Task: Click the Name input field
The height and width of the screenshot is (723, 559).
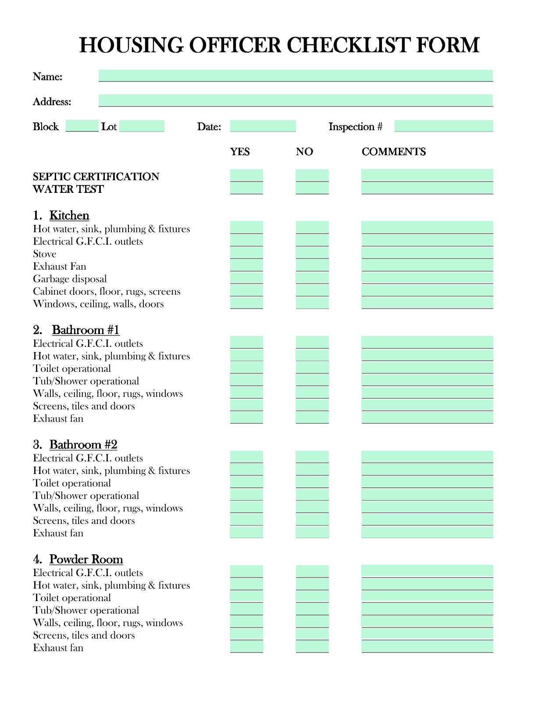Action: [x=296, y=75]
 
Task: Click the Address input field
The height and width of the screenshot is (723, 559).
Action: [x=296, y=100]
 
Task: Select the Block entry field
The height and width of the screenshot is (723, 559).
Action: [x=82, y=126]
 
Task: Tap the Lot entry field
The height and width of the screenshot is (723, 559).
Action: [x=142, y=126]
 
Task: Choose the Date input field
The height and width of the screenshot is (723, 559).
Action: [x=263, y=126]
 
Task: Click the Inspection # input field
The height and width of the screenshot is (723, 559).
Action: [x=443, y=126]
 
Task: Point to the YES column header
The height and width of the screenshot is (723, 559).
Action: [x=240, y=152]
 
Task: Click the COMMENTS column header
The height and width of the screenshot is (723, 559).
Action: [x=393, y=152]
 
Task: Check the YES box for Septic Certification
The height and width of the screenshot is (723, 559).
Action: [x=246, y=175]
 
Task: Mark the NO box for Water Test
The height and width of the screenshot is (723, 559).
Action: [x=312, y=188]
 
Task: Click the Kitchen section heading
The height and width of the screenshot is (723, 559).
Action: [x=69, y=215]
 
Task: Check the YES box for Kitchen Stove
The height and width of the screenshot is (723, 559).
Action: [x=246, y=253]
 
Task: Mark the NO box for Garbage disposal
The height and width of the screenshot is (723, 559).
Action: [x=312, y=278]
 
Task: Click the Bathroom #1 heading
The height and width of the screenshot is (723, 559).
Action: [x=85, y=330]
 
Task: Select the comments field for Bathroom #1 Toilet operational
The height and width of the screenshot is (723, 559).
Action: [x=427, y=367]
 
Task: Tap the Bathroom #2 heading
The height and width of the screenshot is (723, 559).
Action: [x=83, y=445]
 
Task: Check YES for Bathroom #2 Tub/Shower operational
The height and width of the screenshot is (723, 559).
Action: [x=246, y=495]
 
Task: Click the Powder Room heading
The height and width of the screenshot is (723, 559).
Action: [x=86, y=559]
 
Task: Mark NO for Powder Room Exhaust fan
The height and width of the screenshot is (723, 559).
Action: [x=312, y=647]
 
